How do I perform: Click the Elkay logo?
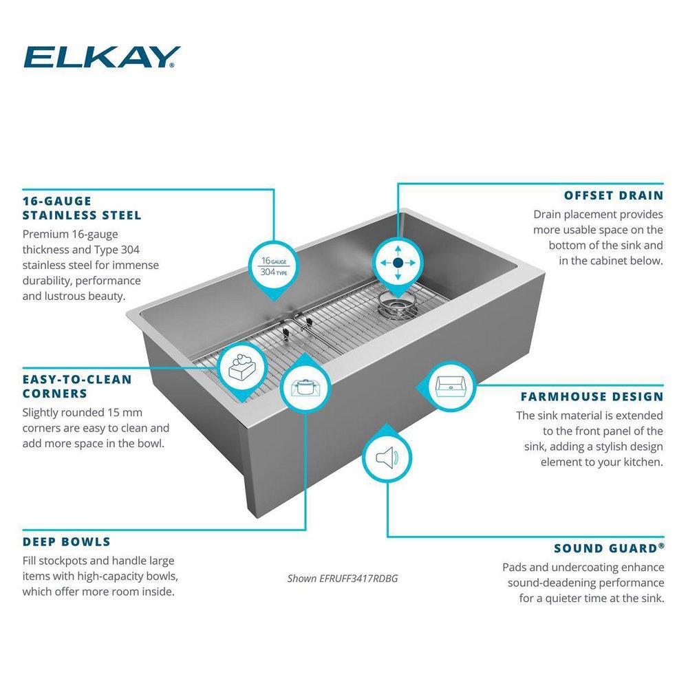[x=101, y=57]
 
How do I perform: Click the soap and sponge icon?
[x=241, y=367]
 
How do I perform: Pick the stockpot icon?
[x=303, y=387]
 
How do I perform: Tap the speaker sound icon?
[x=387, y=458]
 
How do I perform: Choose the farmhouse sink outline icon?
[x=451, y=387]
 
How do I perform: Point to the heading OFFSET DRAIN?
[x=613, y=195]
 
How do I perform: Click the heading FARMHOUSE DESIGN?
[x=592, y=396]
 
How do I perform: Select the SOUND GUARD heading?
[x=609, y=548]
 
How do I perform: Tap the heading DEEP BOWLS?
[x=66, y=541]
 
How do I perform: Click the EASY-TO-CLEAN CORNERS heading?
[x=76, y=387]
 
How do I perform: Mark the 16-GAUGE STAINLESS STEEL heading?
[x=81, y=208]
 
